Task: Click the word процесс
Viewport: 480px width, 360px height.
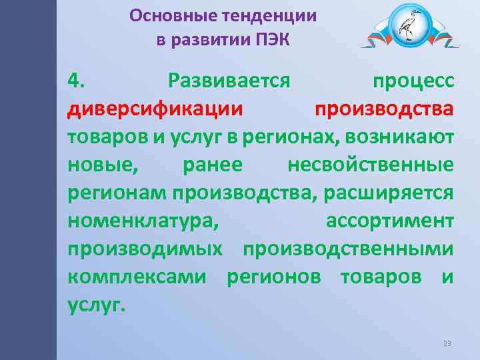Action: [413, 81]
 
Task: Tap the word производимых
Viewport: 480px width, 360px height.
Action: [145, 247]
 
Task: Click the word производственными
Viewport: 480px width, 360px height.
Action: [348, 247]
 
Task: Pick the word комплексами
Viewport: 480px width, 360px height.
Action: [137, 275]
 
